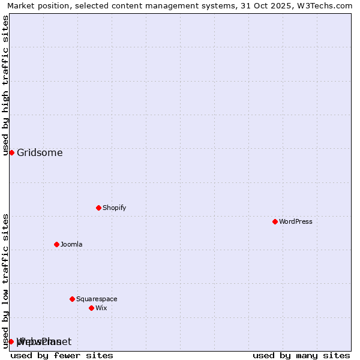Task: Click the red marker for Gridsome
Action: (11, 152)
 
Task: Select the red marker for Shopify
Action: (98, 208)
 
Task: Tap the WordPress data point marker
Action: (275, 221)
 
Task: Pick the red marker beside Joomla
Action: (56, 244)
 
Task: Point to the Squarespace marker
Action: (72, 299)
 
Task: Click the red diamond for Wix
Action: (91, 308)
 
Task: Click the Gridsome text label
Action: (40, 152)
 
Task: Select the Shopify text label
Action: (114, 208)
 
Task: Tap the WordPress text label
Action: (295, 221)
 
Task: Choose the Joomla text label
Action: (71, 244)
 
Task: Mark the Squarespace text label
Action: (97, 299)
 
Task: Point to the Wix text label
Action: (101, 308)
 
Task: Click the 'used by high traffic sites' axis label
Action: (5, 85)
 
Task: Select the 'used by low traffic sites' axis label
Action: (5, 281)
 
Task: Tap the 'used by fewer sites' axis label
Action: (62, 355)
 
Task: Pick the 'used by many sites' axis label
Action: (301, 355)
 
